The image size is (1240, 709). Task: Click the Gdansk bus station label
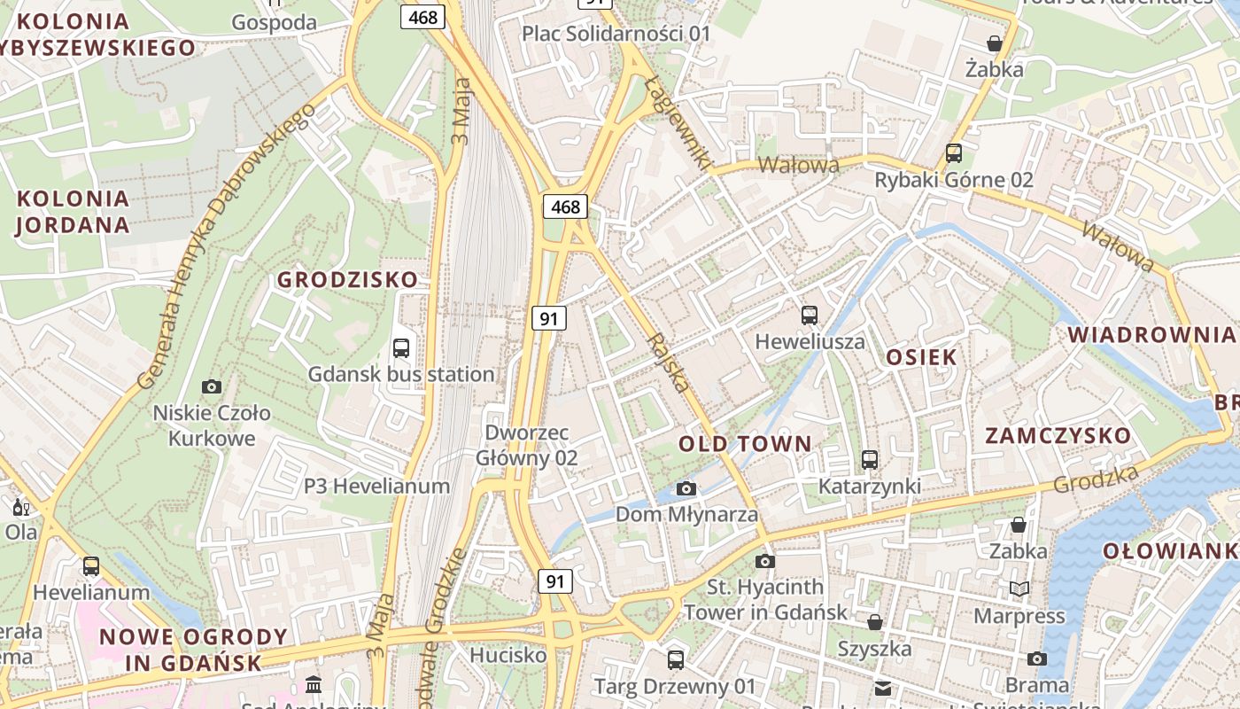(401, 374)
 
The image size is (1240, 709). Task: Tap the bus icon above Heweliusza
(809, 316)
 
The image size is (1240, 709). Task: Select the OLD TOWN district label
(745, 444)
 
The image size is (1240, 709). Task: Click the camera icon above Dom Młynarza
(686, 488)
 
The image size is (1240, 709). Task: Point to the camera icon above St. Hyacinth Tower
(765, 561)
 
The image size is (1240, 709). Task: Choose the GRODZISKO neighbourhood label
(347, 280)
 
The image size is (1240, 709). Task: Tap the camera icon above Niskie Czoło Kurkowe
(211, 386)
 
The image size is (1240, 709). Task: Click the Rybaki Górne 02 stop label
(954, 180)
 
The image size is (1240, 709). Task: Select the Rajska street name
(668, 362)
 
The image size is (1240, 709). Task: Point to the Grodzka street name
(1096, 479)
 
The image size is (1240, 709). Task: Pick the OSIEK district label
(922, 357)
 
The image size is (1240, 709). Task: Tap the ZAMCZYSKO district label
(1058, 436)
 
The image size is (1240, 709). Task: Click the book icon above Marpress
(1019, 588)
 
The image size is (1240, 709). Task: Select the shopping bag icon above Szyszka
(875, 622)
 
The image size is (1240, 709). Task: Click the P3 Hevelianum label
(376, 486)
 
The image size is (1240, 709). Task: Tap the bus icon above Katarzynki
(870, 460)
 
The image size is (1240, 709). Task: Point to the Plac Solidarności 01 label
(616, 34)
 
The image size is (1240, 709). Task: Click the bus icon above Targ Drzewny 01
(676, 659)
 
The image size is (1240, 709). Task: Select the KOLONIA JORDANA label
(73, 211)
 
